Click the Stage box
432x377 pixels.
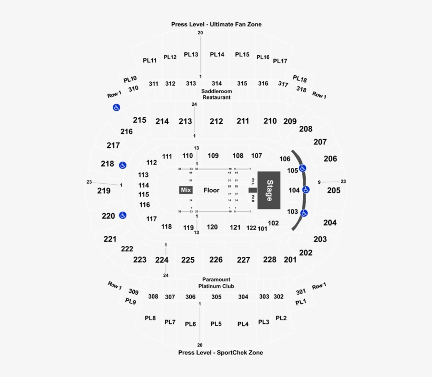click(269, 190)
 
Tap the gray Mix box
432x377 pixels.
click(185, 190)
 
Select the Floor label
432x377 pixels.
click(211, 190)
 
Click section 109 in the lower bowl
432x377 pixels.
click(213, 156)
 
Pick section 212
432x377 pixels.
click(216, 121)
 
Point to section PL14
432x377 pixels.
click(217, 54)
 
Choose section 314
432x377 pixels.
click(217, 83)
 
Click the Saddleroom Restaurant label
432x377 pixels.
click(217, 94)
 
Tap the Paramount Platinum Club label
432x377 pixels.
click(216, 283)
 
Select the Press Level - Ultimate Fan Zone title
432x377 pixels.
click(216, 24)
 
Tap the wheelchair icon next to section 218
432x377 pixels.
click(123, 165)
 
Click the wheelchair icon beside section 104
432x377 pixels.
click(306, 190)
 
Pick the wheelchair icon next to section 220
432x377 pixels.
click(123, 215)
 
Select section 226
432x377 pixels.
click(216, 260)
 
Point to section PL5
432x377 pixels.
click(216, 324)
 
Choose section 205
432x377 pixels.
click(333, 191)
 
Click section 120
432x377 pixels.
click(212, 227)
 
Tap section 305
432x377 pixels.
click(216, 297)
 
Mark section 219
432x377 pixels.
click(104, 191)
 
